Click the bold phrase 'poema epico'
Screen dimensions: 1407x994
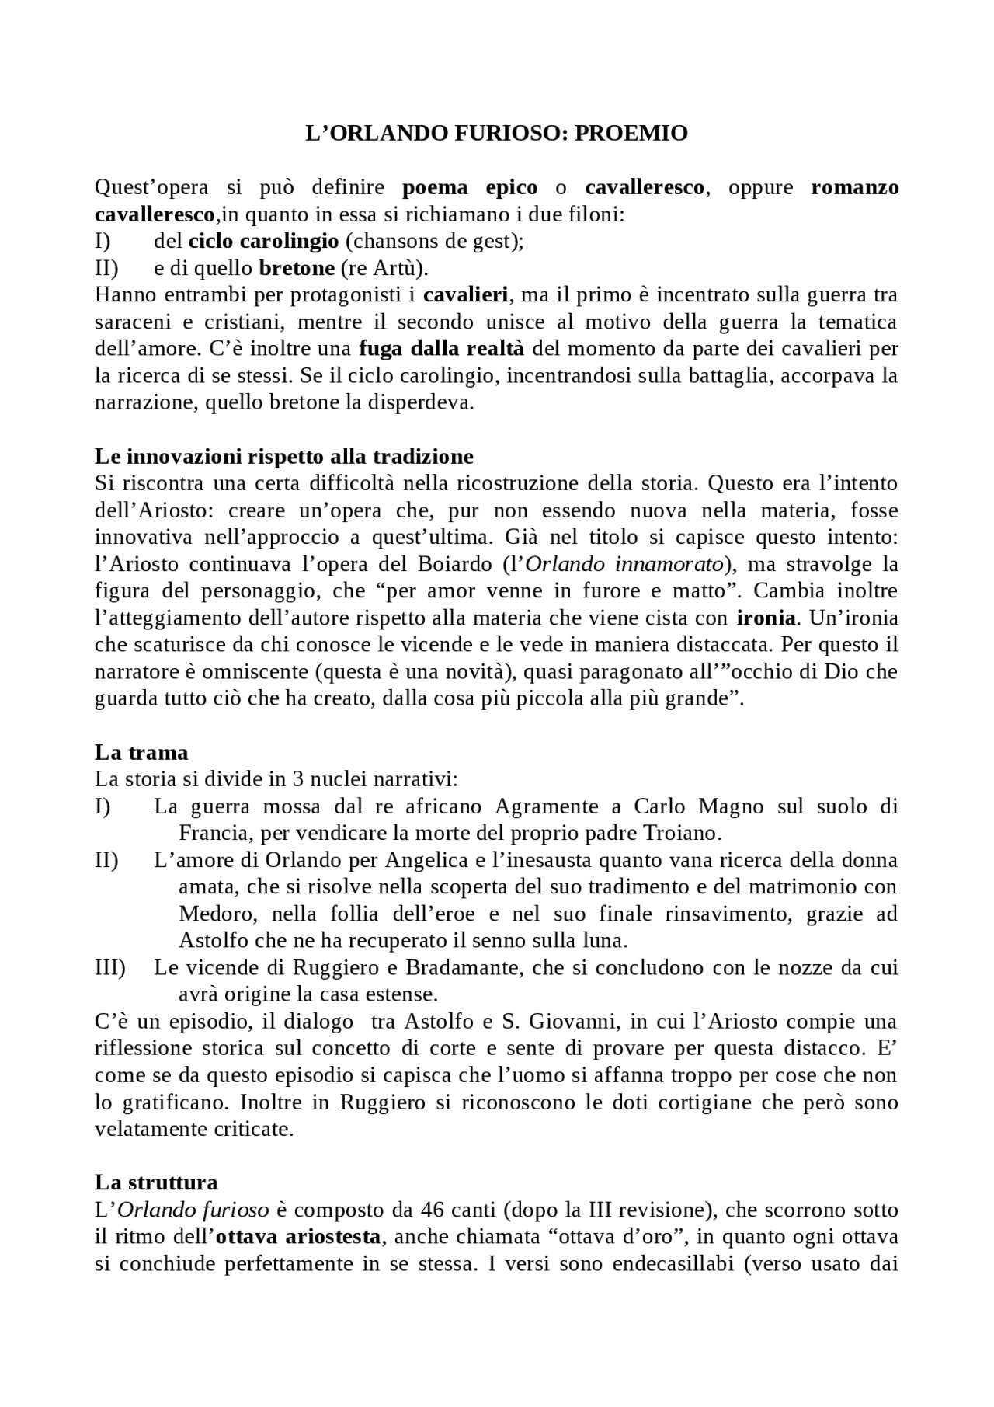[470, 187]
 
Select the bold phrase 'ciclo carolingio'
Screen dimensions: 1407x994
[264, 241]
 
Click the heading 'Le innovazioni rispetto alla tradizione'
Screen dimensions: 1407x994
[283, 455]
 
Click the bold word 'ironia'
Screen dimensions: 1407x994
[766, 618]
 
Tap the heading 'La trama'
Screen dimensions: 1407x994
[141, 752]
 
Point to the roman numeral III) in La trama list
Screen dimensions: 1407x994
[109, 968]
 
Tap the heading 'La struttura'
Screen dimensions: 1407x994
[156, 1182]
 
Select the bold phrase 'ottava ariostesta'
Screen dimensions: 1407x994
[298, 1237]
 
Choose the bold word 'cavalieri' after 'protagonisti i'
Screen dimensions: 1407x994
[466, 295]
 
